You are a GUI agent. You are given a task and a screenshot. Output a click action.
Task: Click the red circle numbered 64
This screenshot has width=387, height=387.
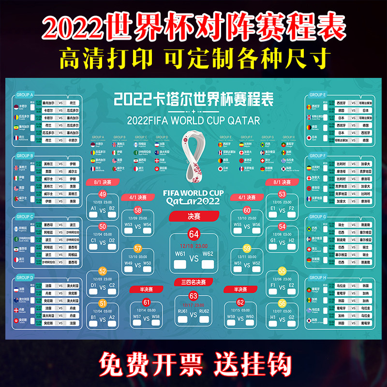click(194, 234)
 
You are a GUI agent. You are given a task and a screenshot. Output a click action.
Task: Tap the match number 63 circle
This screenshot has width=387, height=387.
click(194, 295)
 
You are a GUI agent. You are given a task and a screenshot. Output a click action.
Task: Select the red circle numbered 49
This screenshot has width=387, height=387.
click(103, 194)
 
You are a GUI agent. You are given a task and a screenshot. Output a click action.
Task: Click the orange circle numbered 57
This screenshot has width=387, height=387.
click(138, 248)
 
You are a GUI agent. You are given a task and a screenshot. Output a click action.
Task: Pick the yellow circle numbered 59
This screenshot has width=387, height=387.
click(247, 248)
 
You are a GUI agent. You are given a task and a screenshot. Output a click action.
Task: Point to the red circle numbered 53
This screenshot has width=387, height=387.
click(283, 194)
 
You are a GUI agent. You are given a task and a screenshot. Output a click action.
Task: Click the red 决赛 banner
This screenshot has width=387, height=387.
click(194, 216)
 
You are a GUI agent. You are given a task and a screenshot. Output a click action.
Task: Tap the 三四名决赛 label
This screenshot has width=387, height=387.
click(193, 282)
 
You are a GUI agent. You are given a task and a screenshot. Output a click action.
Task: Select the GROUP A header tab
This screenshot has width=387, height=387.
click(25, 95)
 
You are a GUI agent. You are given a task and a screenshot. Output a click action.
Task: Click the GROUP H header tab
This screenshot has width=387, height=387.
click(317, 278)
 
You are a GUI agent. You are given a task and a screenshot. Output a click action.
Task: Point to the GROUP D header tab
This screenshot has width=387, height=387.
click(25, 278)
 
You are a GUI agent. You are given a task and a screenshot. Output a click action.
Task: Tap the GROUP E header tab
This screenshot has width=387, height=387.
click(317, 95)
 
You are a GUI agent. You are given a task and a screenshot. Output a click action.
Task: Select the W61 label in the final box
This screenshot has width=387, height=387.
click(180, 253)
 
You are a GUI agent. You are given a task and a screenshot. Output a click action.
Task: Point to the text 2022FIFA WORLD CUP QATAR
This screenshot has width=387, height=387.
click(193, 120)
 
